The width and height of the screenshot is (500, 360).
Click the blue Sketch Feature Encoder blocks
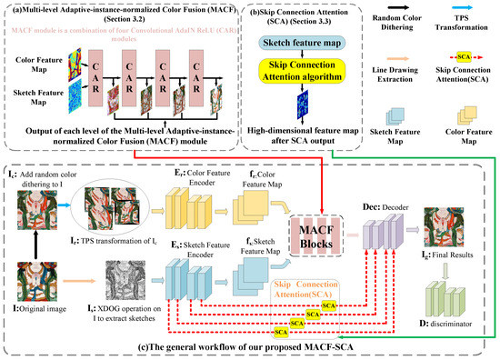[x=196, y=270]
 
